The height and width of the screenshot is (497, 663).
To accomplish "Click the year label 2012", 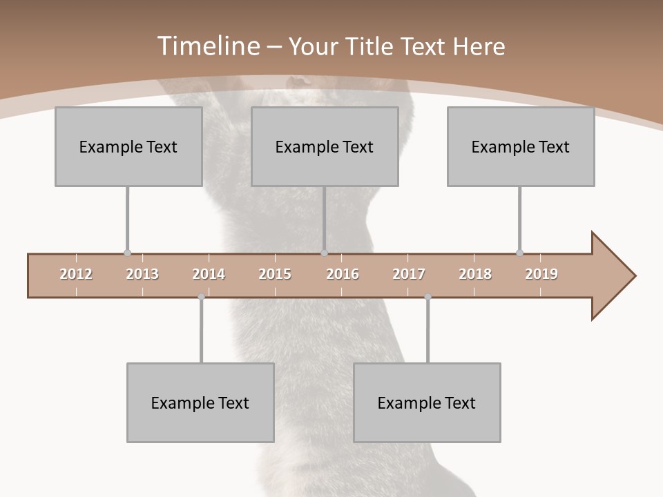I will [76, 274].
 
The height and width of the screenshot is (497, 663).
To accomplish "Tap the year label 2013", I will [142, 274].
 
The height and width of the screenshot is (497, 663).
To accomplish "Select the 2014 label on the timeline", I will [209, 274].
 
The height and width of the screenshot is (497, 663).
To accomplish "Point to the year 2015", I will [275, 274].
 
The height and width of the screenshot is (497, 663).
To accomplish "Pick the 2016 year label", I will [343, 274].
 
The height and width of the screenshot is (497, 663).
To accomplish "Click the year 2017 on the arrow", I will [409, 274].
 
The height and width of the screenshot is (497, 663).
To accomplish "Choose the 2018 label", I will [475, 274].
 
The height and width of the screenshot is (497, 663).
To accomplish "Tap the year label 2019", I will [541, 274].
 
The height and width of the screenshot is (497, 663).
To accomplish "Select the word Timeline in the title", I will [207, 46].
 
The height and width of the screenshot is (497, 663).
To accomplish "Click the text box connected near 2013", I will [128, 146].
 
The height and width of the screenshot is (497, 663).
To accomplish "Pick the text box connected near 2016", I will [325, 146].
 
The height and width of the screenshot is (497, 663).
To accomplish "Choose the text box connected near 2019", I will [521, 146].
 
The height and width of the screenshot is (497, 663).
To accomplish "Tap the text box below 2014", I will [200, 402].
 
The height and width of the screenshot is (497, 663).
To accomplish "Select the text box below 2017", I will [427, 402].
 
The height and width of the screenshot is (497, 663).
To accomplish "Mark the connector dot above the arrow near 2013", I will [127, 253].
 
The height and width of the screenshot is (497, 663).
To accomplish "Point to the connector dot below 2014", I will [201, 297].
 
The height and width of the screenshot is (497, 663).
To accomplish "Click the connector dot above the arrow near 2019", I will [519, 253].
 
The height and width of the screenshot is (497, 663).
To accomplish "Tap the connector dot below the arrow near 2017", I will [427, 297].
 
